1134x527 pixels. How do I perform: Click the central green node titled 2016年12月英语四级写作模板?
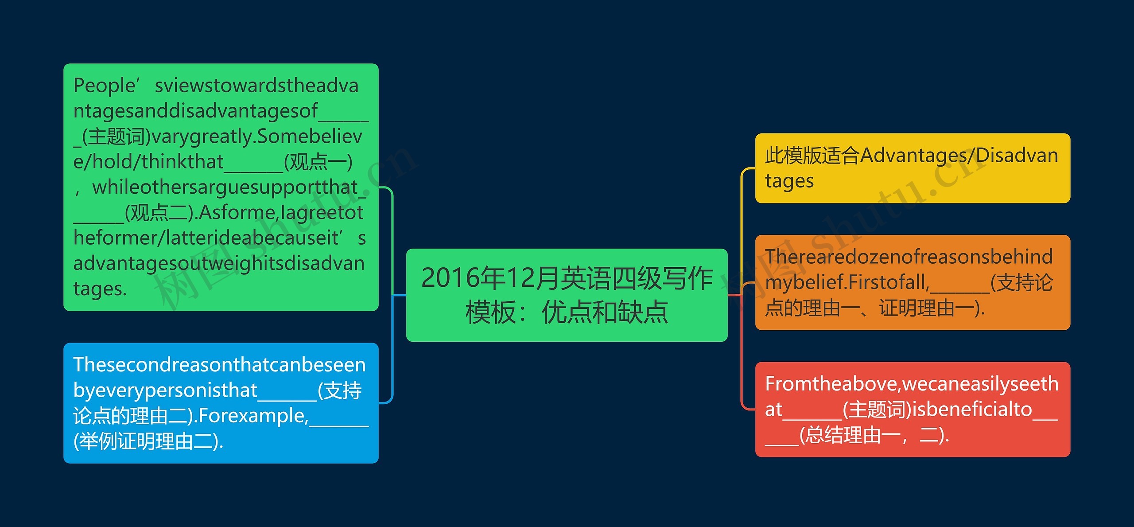coord(567,295)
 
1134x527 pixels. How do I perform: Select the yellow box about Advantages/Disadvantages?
coord(913,168)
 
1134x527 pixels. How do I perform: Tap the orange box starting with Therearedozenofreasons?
coord(913,282)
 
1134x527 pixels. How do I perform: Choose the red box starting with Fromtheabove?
coord(913,409)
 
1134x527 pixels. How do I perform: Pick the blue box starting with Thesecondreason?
coord(221,403)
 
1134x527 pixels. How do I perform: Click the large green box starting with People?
coord(221,187)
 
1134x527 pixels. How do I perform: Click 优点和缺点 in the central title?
coord(605,312)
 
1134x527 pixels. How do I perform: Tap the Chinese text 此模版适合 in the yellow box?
coord(812,156)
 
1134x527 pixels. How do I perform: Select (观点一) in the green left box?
coord(318,162)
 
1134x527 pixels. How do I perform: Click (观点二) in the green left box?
coord(160,213)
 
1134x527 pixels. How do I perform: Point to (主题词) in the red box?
coord(877,410)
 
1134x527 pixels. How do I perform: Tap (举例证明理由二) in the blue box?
coord(148,441)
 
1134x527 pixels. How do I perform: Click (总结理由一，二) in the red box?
coord(873,435)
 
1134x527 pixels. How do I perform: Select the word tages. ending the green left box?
coord(100,289)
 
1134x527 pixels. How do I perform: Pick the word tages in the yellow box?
coord(789,181)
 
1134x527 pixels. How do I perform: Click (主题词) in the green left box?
coord(117,137)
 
